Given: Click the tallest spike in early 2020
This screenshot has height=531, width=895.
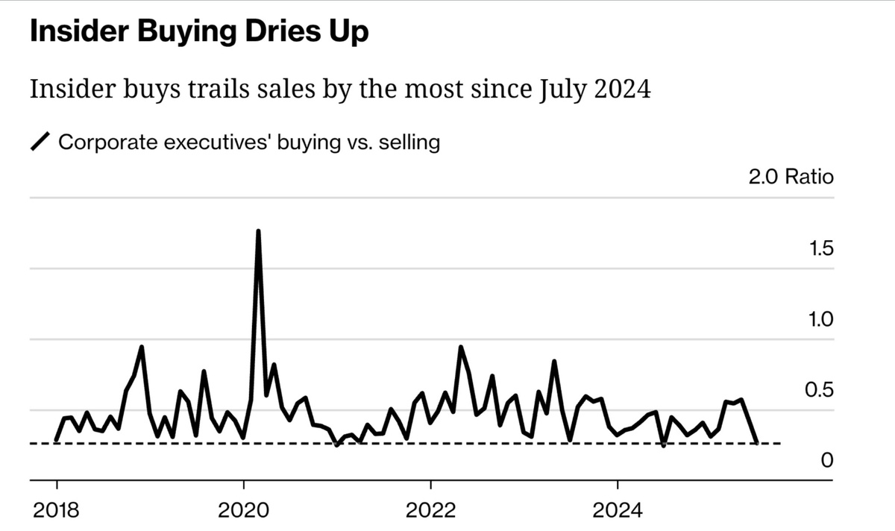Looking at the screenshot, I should coord(258,231).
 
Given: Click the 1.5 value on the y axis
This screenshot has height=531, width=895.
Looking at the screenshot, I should coord(820,248).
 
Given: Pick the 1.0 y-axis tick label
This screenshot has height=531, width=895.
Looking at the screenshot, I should coord(820,319).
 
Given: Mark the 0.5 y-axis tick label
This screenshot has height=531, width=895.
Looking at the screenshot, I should coord(820,390).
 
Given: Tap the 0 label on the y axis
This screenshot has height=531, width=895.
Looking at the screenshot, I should coord(826,461).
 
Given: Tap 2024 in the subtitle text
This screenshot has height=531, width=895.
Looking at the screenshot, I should coord(624,89).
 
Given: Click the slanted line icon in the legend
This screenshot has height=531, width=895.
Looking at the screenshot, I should coord(40,142).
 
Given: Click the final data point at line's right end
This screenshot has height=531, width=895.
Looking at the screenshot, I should coord(757,442).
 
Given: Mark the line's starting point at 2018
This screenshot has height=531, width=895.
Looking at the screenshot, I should coord(57,441).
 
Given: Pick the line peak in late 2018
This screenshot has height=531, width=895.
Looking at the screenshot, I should coord(142,347).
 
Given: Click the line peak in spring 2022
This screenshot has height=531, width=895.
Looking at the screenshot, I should coord(461,347).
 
